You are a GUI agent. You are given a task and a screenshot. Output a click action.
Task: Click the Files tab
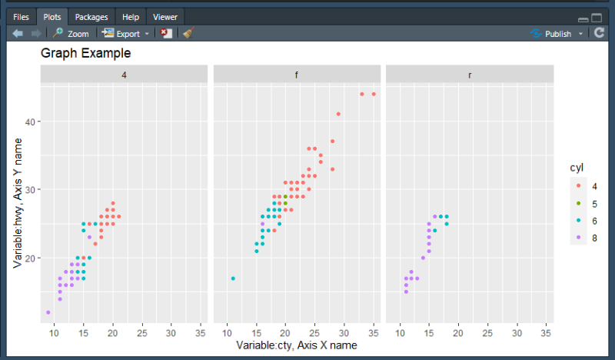(x=21, y=16)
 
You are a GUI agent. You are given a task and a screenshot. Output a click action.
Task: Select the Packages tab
(x=91, y=16)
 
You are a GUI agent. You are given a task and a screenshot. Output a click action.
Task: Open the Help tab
(x=131, y=16)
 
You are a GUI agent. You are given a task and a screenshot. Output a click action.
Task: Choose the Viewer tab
(x=165, y=16)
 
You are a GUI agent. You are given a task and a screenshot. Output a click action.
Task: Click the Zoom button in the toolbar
(x=71, y=34)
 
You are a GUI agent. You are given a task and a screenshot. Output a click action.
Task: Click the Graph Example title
(x=85, y=54)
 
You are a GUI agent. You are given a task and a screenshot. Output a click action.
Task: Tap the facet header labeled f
(x=297, y=75)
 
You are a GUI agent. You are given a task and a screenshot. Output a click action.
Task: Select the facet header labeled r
(x=470, y=75)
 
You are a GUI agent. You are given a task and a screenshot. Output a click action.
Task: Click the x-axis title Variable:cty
(x=296, y=345)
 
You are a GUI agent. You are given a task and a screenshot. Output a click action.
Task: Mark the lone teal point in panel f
(x=233, y=278)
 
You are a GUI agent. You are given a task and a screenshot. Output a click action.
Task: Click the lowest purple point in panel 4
(x=48, y=312)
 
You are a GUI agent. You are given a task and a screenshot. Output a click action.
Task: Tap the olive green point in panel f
(x=285, y=197)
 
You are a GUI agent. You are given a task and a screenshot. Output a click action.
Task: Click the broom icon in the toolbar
(x=188, y=34)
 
